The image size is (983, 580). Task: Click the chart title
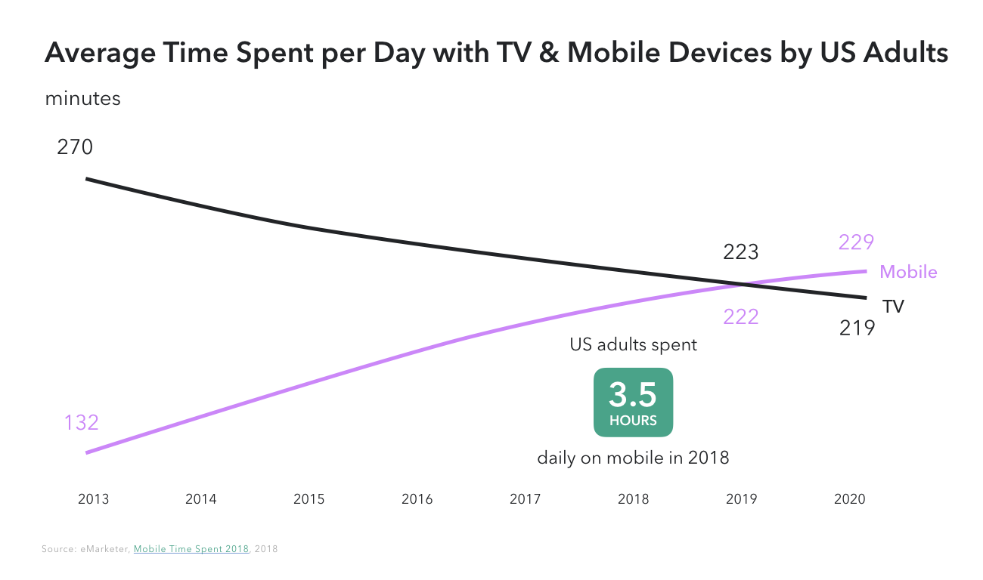click(x=496, y=54)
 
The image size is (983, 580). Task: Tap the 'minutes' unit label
click(x=82, y=99)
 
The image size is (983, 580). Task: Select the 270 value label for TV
click(x=75, y=147)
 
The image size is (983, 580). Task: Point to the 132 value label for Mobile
click(x=81, y=422)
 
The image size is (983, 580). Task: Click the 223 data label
click(x=740, y=251)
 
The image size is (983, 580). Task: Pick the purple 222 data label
click(x=740, y=317)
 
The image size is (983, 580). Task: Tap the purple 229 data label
click(x=856, y=242)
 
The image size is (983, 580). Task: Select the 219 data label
click(x=857, y=328)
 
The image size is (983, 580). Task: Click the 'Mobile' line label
click(x=908, y=272)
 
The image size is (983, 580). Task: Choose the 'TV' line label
click(x=893, y=307)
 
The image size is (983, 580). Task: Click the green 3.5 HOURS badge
click(x=633, y=402)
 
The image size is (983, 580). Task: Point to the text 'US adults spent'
click(x=633, y=345)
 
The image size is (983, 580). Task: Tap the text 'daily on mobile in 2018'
click(x=633, y=458)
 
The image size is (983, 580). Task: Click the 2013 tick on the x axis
click(x=93, y=499)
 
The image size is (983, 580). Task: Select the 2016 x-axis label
click(x=417, y=499)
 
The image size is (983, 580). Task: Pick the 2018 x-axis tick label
click(x=633, y=499)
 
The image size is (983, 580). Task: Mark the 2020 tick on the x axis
click(x=849, y=499)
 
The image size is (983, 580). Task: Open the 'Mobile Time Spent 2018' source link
click(x=191, y=549)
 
